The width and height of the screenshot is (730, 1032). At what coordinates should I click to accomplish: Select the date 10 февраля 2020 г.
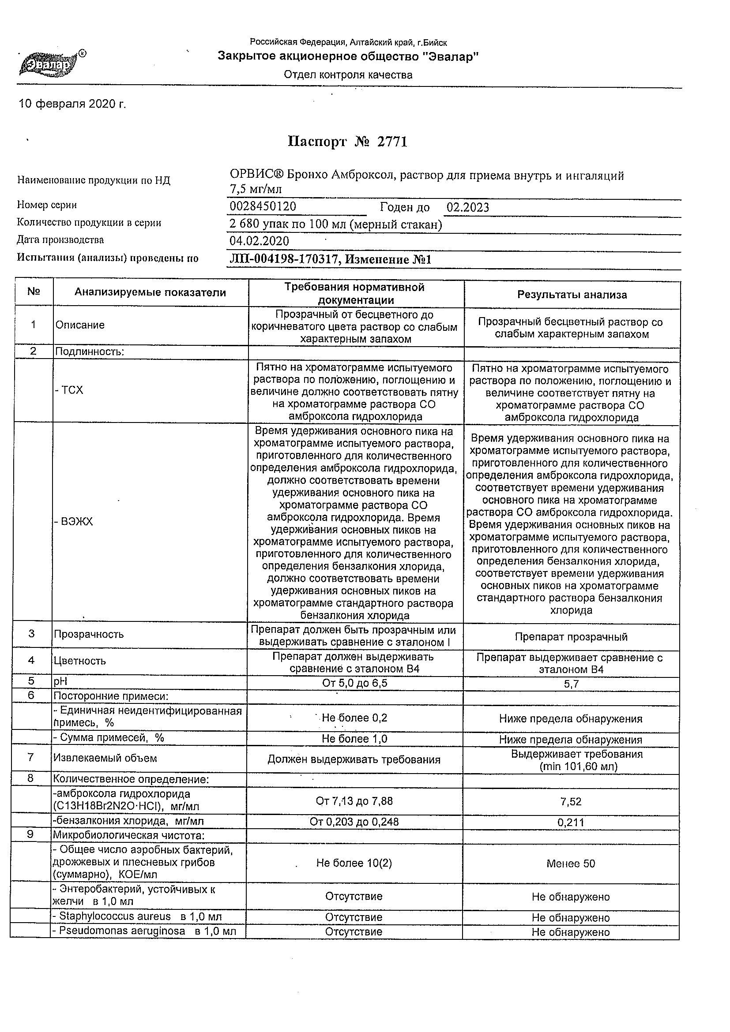coord(72,104)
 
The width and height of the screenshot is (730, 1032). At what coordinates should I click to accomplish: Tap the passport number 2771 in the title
coord(392,142)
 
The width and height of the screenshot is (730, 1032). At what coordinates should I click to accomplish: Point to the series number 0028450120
coord(263,206)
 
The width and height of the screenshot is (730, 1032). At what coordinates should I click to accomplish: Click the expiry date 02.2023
coord(468,207)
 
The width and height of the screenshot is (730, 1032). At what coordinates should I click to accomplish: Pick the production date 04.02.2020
coord(259,241)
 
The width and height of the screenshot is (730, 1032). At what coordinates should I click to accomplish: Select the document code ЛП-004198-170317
coord(283,259)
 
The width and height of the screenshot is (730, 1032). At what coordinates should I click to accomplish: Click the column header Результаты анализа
coord(572,295)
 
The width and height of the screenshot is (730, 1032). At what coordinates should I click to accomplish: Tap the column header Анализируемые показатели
coord(150,292)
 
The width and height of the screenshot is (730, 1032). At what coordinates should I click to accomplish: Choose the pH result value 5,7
coord(571,684)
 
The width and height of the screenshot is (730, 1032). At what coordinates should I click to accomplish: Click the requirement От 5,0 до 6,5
coord(354,683)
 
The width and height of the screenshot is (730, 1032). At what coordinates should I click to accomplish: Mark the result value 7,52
coord(571,801)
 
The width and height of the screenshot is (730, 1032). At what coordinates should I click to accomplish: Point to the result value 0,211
coord(571,822)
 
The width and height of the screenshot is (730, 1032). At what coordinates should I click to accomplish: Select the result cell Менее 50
coord(571,864)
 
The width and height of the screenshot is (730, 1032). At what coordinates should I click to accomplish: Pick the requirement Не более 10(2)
coord(354,863)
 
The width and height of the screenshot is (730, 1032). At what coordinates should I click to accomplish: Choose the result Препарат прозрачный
coord(571,637)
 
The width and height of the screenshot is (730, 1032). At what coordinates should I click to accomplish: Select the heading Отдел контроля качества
coord(348,75)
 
